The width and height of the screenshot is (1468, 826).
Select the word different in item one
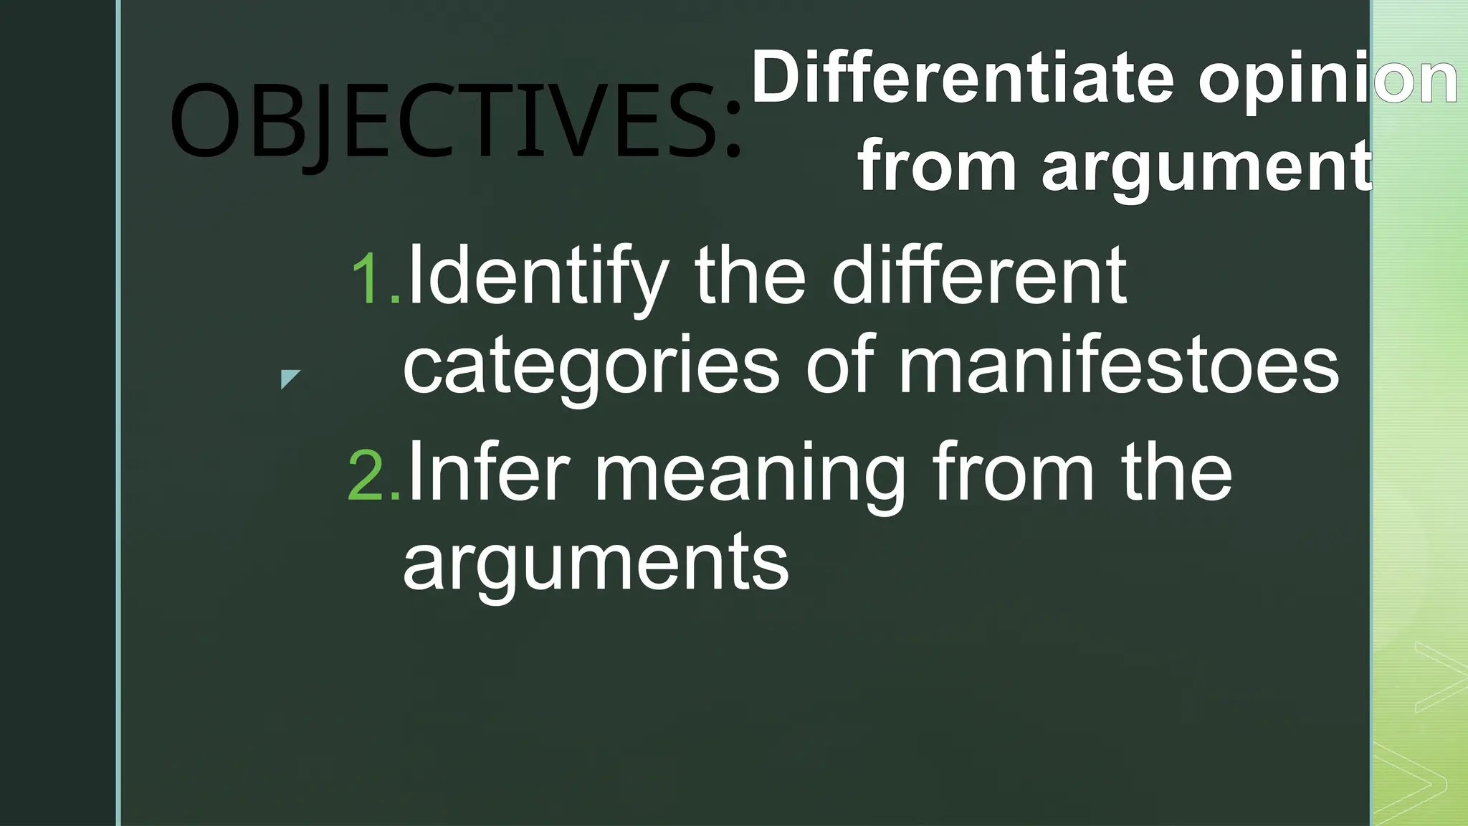click(979, 275)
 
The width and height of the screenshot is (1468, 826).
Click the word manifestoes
click(1118, 366)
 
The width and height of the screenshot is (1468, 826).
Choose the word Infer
click(487, 473)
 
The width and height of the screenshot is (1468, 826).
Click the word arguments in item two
click(595, 564)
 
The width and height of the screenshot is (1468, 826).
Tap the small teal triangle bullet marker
click(289, 378)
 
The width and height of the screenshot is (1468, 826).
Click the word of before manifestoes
click(840, 366)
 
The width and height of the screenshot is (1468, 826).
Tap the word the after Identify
click(750, 277)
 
